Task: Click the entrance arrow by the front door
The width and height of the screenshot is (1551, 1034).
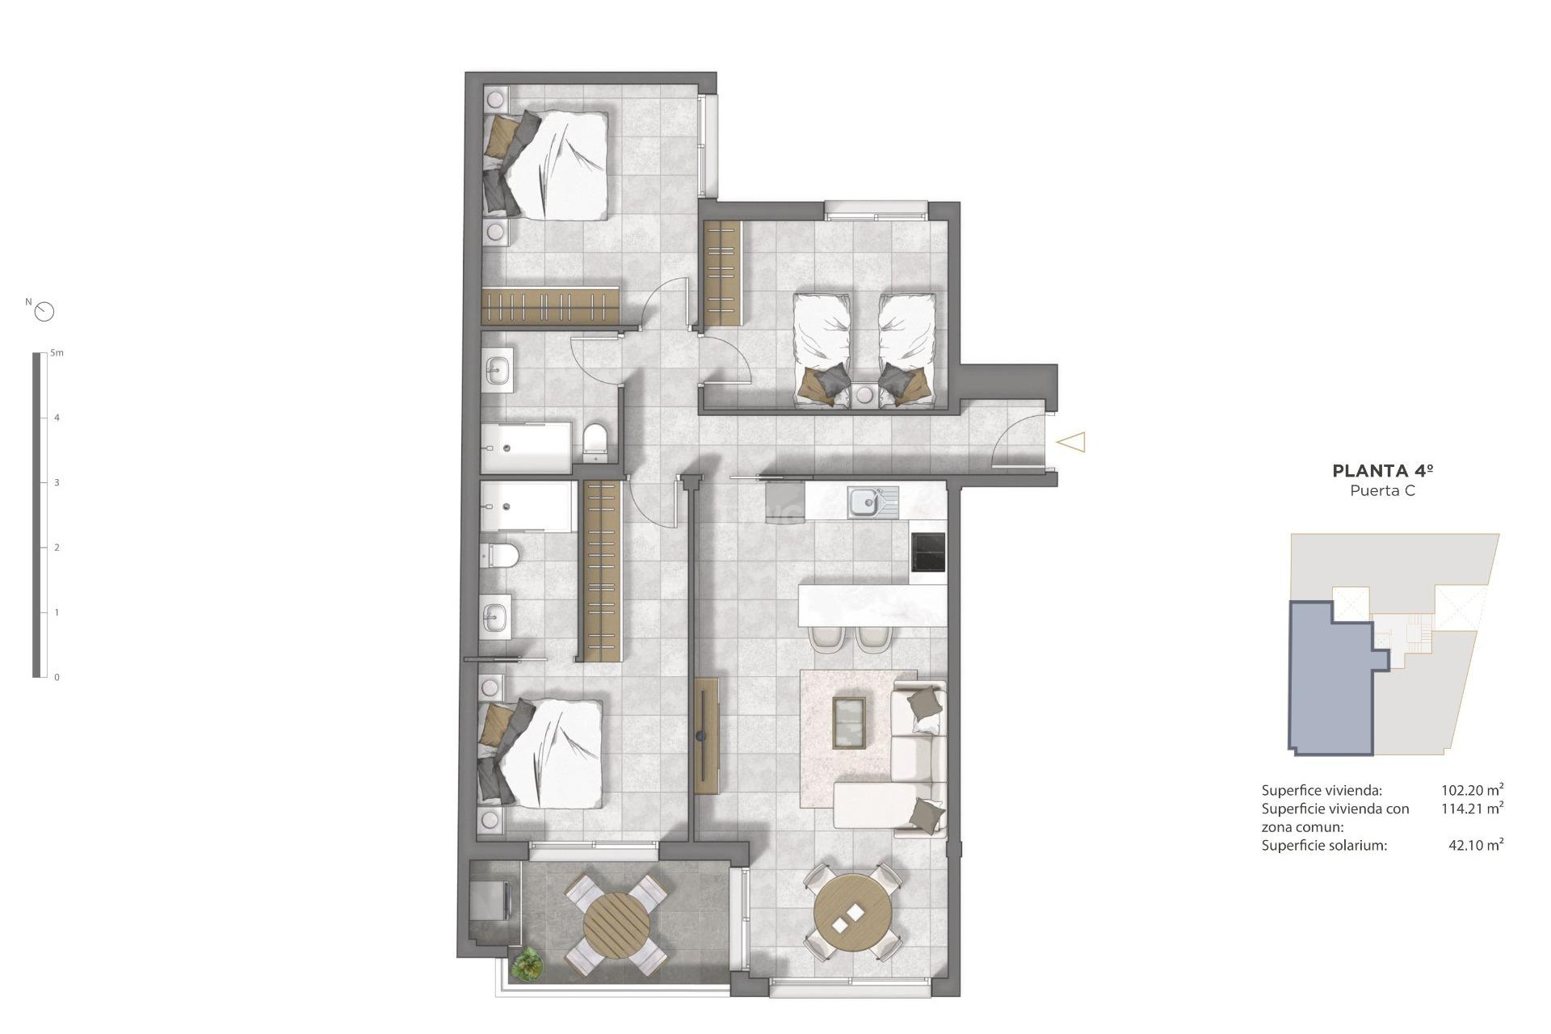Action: pos(1071,442)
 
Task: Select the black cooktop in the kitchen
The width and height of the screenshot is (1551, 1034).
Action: pos(927,552)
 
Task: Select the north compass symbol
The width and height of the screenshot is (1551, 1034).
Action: pos(44,311)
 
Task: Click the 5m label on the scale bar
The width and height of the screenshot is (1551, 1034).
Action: pos(57,353)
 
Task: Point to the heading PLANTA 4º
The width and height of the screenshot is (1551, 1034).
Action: pos(1382,471)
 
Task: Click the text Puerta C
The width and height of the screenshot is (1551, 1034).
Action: pos(1382,491)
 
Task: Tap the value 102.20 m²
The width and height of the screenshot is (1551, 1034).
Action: pos(1472,791)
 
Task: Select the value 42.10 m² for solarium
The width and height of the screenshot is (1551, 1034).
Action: pos(1476,846)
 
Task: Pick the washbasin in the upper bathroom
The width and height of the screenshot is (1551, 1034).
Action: pos(498,372)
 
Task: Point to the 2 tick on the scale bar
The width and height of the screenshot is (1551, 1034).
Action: pos(57,548)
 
